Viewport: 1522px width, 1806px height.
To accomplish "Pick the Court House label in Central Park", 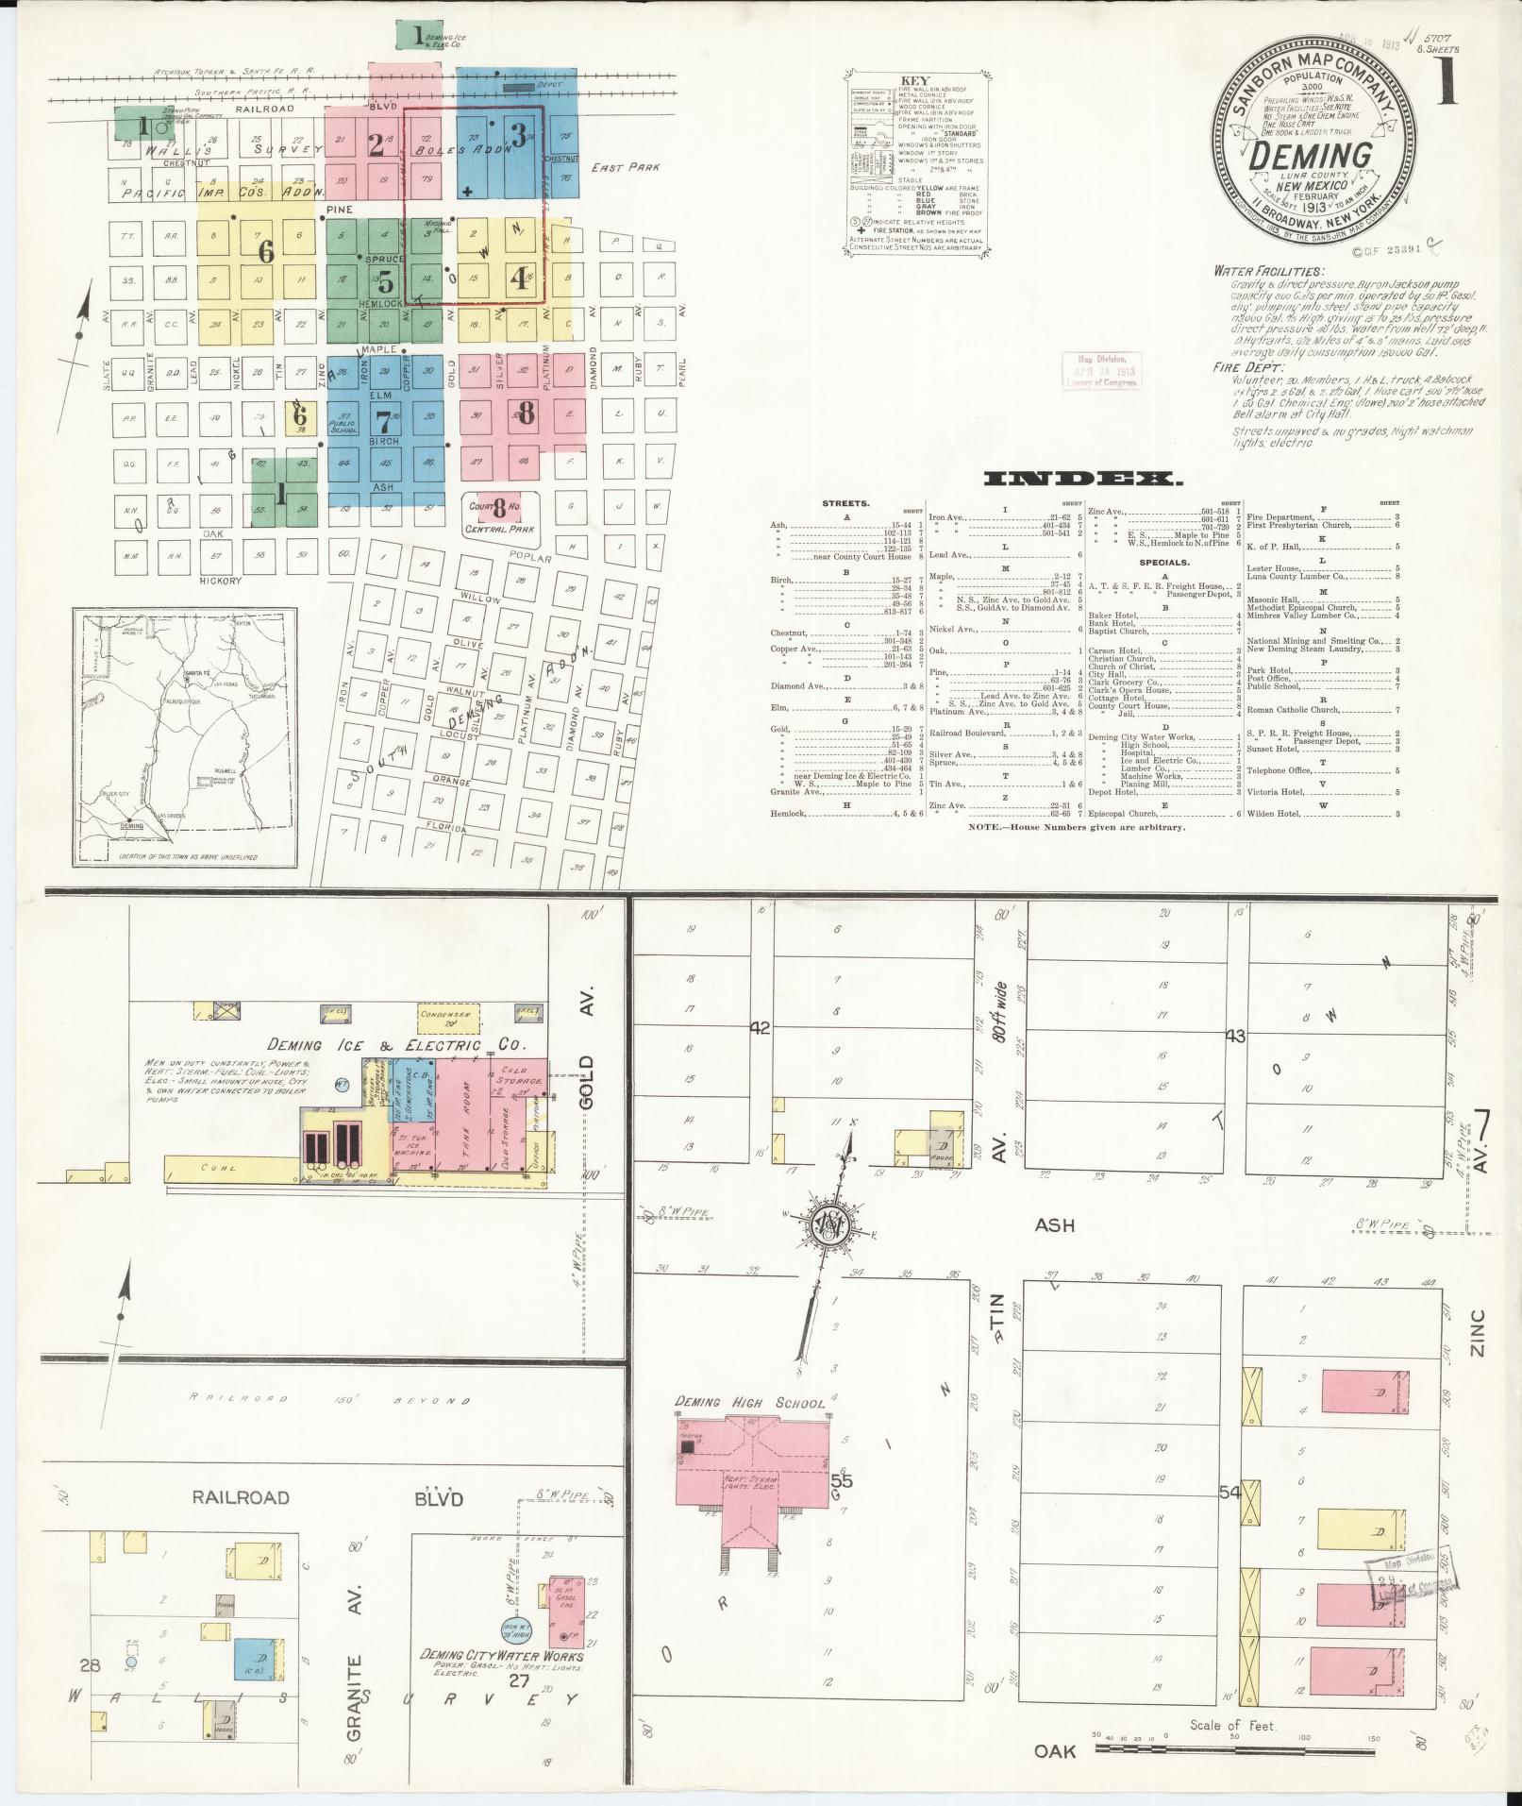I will click(500, 506).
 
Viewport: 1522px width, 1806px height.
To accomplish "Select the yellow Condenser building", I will click(447, 1017).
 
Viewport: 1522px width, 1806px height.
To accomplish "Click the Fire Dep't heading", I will click(1248, 366).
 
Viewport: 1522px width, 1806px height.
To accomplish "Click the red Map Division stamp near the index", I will click(1101, 370).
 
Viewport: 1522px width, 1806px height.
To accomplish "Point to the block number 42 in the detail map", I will click(760, 1027).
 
